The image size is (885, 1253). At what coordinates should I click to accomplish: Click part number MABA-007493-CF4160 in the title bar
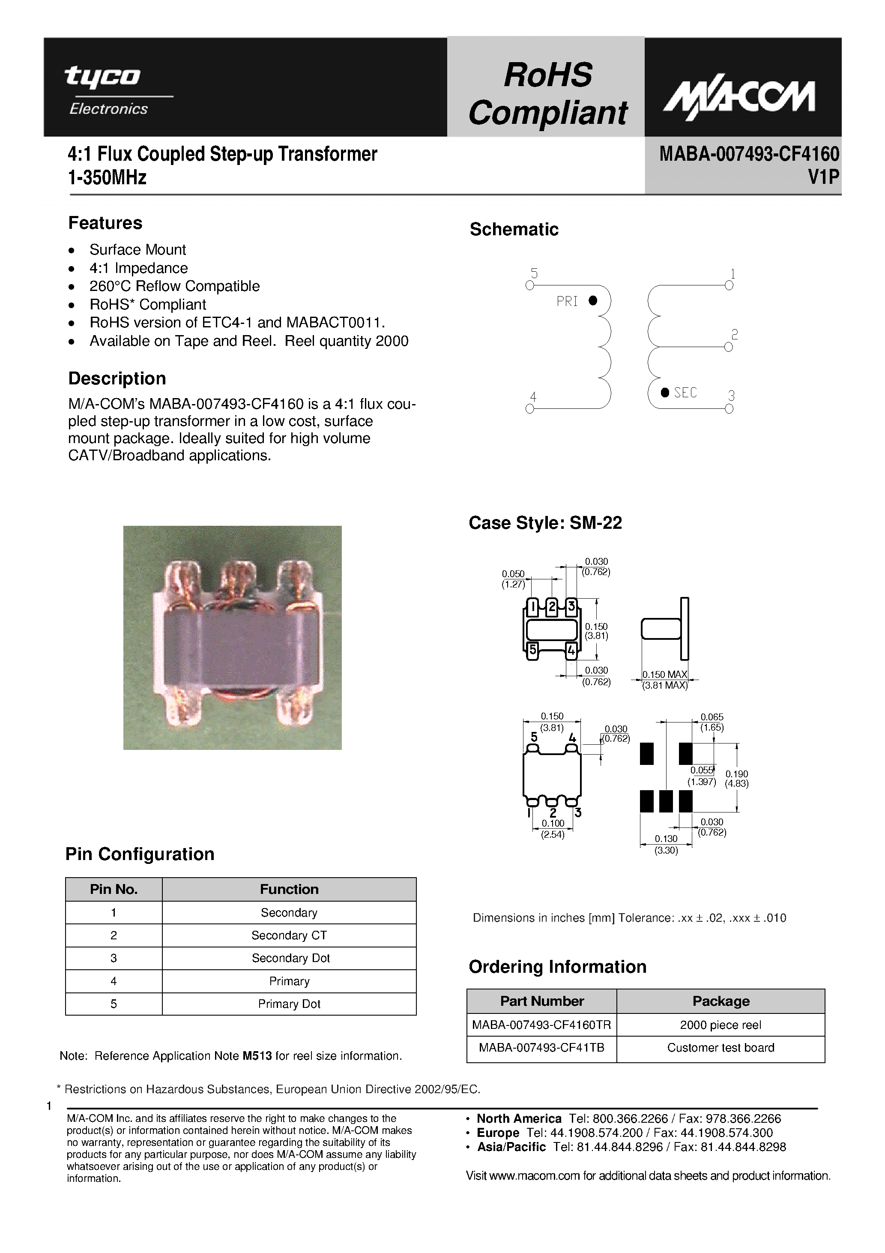pyautogui.click(x=749, y=154)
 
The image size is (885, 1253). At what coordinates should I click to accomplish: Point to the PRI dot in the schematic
pyautogui.click(x=593, y=300)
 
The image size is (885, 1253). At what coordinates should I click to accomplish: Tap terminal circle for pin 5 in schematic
pyautogui.click(x=529, y=285)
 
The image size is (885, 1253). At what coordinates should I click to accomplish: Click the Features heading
pyautogui.click(x=105, y=223)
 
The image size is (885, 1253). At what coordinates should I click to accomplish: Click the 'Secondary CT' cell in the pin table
pyautogui.click(x=289, y=935)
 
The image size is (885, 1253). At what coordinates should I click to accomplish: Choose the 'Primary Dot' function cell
pyautogui.click(x=289, y=1004)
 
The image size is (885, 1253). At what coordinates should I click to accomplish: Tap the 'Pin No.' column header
pyautogui.click(x=114, y=890)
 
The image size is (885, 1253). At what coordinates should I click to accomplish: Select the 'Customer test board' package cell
pyautogui.click(x=720, y=1048)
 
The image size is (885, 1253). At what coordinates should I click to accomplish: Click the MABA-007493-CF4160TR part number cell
pyautogui.click(x=541, y=1025)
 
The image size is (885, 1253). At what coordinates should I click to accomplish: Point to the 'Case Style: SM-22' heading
pyautogui.click(x=544, y=523)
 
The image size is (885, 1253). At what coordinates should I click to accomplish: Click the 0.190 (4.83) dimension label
pyautogui.click(x=737, y=779)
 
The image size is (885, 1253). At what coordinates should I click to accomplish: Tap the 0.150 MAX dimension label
pyautogui.click(x=664, y=674)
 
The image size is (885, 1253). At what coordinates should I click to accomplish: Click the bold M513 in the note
pyautogui.click(x=257, y=1056)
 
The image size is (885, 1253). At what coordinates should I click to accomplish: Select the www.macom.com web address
pyautogui.click(x=534, y=1176)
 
